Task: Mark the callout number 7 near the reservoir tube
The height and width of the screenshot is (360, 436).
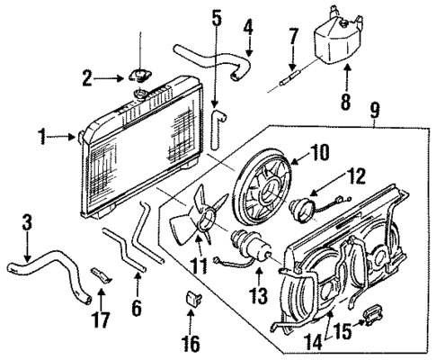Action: click(293, 37)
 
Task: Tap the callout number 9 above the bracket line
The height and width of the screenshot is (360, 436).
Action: click(376, 112)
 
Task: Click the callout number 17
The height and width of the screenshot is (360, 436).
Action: click(101, 318)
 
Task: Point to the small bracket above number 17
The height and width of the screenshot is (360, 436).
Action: click(101, 271)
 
